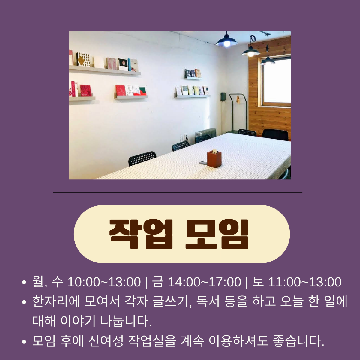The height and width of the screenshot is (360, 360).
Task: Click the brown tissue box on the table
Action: click(214, 159)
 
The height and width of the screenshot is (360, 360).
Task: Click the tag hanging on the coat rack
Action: click(238, 99)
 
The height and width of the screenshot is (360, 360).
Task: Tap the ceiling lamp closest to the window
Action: click(268, 61)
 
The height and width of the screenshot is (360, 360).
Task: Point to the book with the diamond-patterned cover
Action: click(84, 59)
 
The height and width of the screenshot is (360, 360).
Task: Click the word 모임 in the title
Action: click(217, 234)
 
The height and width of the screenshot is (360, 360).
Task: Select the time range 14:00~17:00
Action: click(204, 282)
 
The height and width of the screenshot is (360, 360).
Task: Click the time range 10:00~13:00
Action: click(104, 282)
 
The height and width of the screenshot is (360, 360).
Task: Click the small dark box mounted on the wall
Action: click(223, 97)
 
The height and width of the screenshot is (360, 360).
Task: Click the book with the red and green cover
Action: click(143, 91)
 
